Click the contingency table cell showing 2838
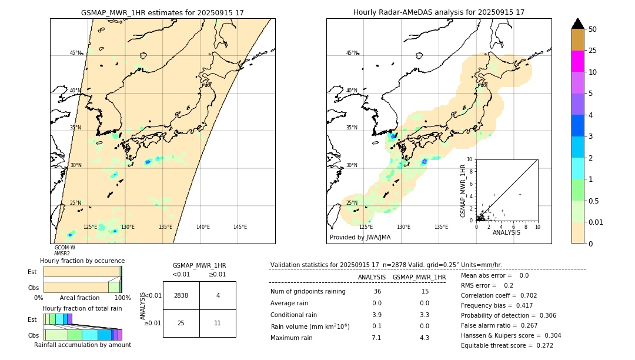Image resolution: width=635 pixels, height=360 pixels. (x=181, y=295)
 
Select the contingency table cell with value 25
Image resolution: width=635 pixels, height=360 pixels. (x=181, y=323)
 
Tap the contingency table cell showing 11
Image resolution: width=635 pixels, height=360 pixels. (x=218, y=323)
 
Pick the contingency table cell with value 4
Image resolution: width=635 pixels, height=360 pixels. (x=218, y=295)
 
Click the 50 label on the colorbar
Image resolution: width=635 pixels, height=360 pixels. (x=593, y=29)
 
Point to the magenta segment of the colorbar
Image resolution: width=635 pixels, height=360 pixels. (x=577, y=61)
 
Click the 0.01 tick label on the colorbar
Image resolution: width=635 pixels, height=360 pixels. (x=596, y=222)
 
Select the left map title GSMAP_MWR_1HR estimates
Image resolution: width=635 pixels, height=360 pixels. (x=162, y=12)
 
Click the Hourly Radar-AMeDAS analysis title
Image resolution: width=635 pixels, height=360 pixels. (x=439, y=12)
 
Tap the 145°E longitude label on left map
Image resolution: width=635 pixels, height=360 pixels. (x=240, y=227)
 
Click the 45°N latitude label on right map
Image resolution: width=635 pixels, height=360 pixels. (x=352, y=53)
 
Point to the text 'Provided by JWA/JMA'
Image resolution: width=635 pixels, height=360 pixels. (x=360, y=238)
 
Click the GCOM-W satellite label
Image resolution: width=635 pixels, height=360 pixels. (x=65, y=248)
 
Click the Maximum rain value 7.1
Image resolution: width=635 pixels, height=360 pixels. (x=376, y=338)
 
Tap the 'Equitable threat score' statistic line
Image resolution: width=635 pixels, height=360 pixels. (x=507, y=345)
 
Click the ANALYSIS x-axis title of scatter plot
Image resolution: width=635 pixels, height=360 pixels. (x=506, y=232)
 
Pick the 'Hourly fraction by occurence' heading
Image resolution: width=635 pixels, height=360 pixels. (x=82, y=261)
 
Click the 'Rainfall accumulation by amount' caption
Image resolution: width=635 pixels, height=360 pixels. (x=82, y=345)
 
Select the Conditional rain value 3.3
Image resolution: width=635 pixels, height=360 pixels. (x=424, y=315)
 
